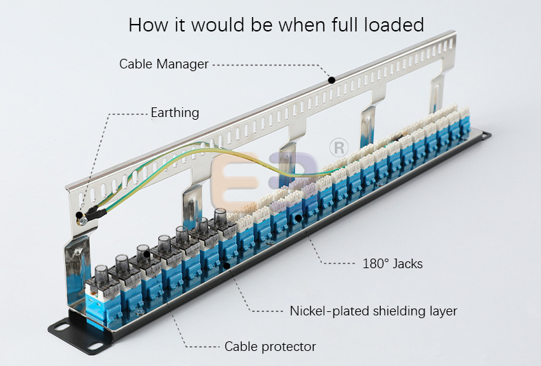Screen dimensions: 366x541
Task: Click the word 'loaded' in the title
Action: coord(392,25)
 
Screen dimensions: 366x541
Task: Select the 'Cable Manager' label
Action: coord(164,64)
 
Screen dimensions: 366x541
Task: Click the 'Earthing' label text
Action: coord(175,113)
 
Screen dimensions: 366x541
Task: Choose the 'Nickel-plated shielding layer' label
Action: coord(373,311)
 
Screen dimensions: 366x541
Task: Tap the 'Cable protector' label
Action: coord(270,346)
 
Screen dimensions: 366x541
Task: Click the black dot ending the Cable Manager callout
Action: coord(331,80)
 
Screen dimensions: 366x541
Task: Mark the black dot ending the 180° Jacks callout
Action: coord(298,218)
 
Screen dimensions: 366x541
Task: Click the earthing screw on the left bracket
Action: coord(81,217)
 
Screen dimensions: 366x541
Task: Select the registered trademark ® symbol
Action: coord(338,148)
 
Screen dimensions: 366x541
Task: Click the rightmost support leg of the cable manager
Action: coord(436,96)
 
